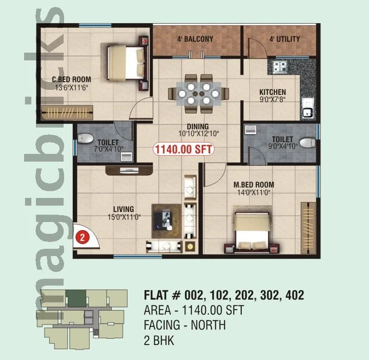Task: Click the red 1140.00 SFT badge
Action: pos(184,149)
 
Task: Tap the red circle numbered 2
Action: pos(82,237)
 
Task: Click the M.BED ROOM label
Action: pos(254,184)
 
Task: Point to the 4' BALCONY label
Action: pos(195,39)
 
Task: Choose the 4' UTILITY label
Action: pos(284,39)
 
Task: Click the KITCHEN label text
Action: pos(272,92)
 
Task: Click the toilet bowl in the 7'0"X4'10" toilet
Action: pos(85,137)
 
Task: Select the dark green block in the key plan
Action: pos(75,298)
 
